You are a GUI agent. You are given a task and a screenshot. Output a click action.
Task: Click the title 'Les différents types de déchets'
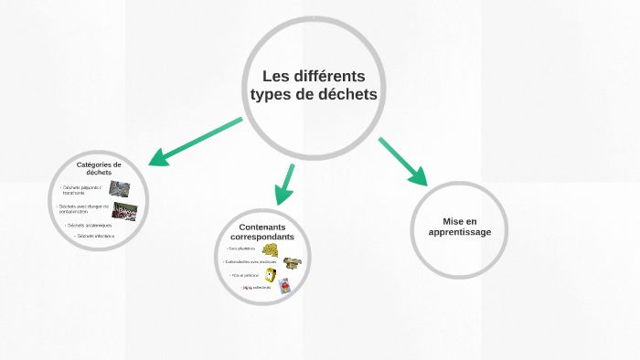pyautogui.click(x=314, y=85)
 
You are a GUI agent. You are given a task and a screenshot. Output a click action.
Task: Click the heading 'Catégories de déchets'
pyautogui.click(x=99, y=168)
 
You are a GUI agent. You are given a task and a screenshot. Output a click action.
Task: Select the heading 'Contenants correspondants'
pyautogui.click(x=262, y=232)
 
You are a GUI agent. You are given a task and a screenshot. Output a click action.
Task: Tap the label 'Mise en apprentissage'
pyautogui.click(x=460, y=227)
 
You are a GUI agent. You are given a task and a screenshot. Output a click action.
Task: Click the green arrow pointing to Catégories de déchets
pyautogui.click(x=195, y=142)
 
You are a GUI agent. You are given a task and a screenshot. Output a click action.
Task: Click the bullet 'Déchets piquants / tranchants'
pyautogui.click(x=82, y=190)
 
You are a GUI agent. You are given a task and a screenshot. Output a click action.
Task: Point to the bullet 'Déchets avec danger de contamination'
pyautogui.click(x=84, y=209)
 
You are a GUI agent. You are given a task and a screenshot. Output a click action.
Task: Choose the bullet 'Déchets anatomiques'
pyautogui.click(x=89, y=225)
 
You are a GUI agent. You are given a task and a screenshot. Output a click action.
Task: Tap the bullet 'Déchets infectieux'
pyautogui.click(x=96, y=236)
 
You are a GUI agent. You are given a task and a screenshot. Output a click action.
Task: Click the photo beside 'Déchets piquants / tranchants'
pyautogui.click(x=119, y=189)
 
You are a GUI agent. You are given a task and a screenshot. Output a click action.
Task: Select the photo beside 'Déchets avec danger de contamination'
pyautogui.click(x=125, y=211)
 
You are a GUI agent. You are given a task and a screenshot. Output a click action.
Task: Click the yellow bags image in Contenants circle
pyautogui.click(x=270, y=249)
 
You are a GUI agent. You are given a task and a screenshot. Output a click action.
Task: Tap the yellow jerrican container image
pyautogui.click(x=271, y=275)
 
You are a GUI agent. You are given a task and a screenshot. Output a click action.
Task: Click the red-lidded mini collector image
pyautogui.click(x=284, y=286)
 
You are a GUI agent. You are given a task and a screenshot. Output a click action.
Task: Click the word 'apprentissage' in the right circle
pyautogui.click(x=460, y=232)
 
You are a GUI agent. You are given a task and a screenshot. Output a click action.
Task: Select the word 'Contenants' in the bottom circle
pyautogui.click(x=262, y=227)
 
